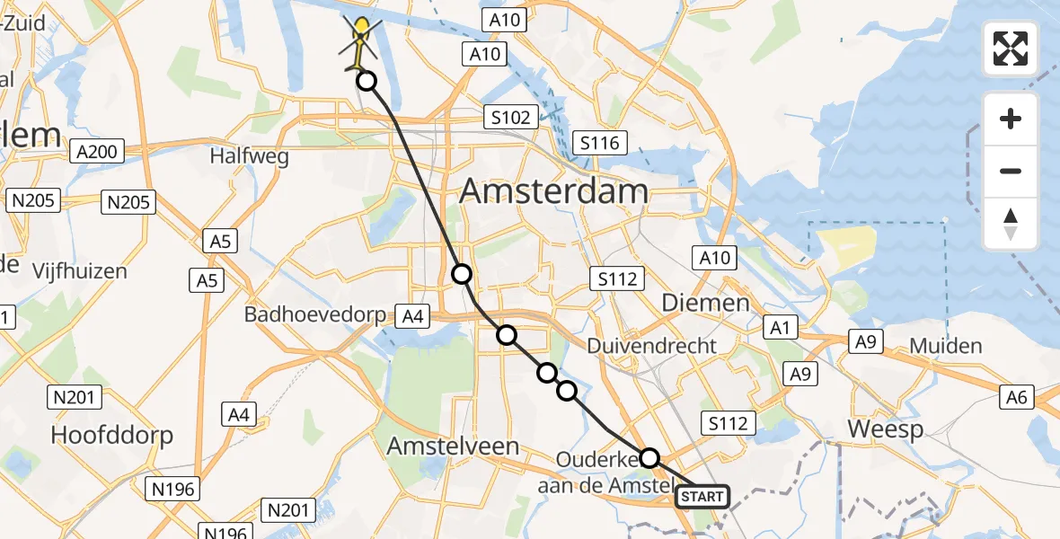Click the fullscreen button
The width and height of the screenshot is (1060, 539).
(x=1011, y=49)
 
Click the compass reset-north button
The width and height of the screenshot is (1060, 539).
(x=1011, y=224)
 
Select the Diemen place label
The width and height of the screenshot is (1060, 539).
(x=705, y=303)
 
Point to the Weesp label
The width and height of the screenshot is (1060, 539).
(x=886, y=429)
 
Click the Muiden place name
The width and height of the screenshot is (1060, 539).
(x=946, y=346)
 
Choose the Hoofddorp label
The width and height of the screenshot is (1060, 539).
(x=111, y=435)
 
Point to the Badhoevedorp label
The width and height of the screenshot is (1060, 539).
(x=314, y=315)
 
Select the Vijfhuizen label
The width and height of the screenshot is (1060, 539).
(x=80, y=270)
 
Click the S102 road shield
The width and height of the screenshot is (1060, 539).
(x=510, y=117)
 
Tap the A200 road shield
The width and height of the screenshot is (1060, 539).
(x=97, y=152)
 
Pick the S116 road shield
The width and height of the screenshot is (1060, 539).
(x=601, y=143)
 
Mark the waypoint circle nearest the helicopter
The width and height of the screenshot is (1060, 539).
(x=367, y=82)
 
